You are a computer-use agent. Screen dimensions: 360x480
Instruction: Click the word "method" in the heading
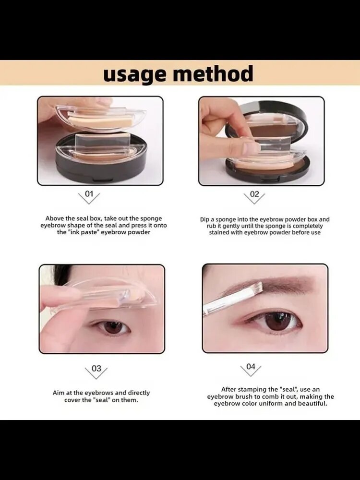(x=214, y=73)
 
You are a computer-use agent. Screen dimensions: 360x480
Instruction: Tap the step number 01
(x=89, y=194)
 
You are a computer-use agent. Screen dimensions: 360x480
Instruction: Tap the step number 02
(x=254, y=194)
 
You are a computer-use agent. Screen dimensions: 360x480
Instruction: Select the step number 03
(x=96, y=368)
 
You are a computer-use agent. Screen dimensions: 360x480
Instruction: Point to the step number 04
(x=251, y=366)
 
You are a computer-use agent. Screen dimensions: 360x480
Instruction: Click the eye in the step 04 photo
(x=275, y=322)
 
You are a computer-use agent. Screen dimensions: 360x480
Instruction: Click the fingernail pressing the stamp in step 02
(x=251, y=148)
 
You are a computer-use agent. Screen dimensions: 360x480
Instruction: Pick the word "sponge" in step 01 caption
(x=151, y=218)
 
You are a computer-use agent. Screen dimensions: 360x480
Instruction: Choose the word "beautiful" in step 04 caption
(x=312, y=404)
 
